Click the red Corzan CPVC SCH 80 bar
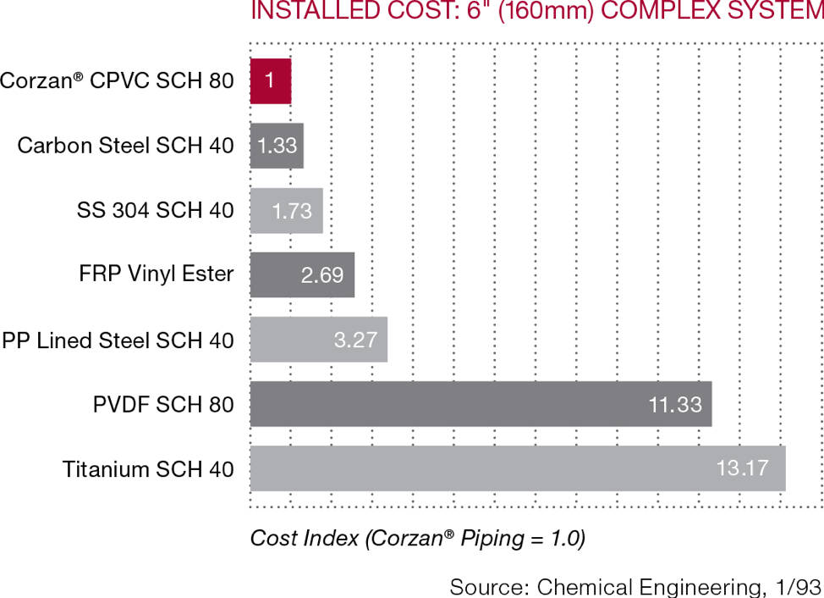point(270,81)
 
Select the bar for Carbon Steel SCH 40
point(277,146)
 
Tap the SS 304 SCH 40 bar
point(286,210)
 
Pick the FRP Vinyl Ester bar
point(302,274)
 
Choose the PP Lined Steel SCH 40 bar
point(318,340)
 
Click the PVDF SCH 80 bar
point(481,404)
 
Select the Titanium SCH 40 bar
point(518,468)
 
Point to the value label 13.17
point(742,468)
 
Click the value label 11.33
point(675,405)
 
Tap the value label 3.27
point(355,341)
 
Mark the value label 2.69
point(322,275)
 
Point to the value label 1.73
point(292,211)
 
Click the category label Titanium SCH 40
point(148,469)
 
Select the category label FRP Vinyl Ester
point(157,274)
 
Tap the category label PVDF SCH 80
point(163,405)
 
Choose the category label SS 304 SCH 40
point(155,210)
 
